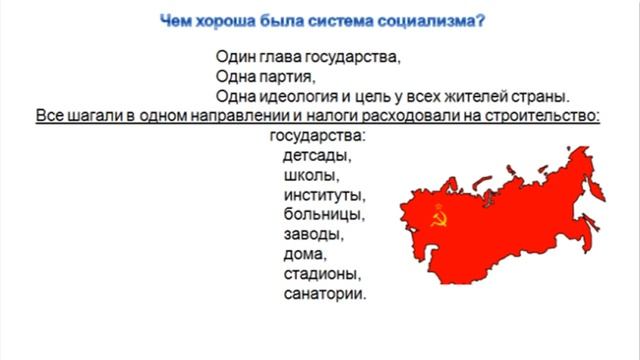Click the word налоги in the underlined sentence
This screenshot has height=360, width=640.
pos(369,116)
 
